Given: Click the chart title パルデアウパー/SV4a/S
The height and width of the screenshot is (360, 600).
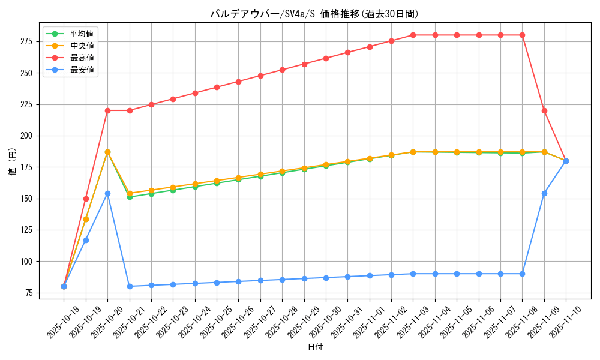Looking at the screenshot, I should coord(314,14).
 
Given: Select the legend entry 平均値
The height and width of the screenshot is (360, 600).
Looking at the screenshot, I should coord(82,34).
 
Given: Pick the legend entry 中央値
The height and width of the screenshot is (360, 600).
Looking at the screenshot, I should coord(82,46).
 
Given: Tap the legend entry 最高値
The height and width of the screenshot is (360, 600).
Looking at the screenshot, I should coord(82,58).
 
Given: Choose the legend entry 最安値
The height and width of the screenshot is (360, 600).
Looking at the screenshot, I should coord(82,70).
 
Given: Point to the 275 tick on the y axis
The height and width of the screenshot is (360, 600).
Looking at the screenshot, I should coord(28,41).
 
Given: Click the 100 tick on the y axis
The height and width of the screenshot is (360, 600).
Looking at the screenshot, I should coord(28,261).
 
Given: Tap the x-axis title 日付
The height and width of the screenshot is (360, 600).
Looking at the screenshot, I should coord(315,347).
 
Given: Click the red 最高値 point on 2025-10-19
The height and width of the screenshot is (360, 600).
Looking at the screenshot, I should coord(86,199).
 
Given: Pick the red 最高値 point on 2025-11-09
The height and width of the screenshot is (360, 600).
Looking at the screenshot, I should coord(544,110).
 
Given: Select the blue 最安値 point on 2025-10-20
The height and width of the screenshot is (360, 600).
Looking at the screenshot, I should coord(107,193).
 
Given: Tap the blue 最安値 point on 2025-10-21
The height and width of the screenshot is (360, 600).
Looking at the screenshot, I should coord(130,286).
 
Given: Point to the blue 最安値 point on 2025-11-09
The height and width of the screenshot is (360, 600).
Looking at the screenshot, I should coord(544,193).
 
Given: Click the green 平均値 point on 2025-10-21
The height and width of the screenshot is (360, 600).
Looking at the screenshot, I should coord(130,197).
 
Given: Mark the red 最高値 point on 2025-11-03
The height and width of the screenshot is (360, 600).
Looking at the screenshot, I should coord(413,35).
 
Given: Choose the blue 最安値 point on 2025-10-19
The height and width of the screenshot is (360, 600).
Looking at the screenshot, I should coord(86,240).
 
